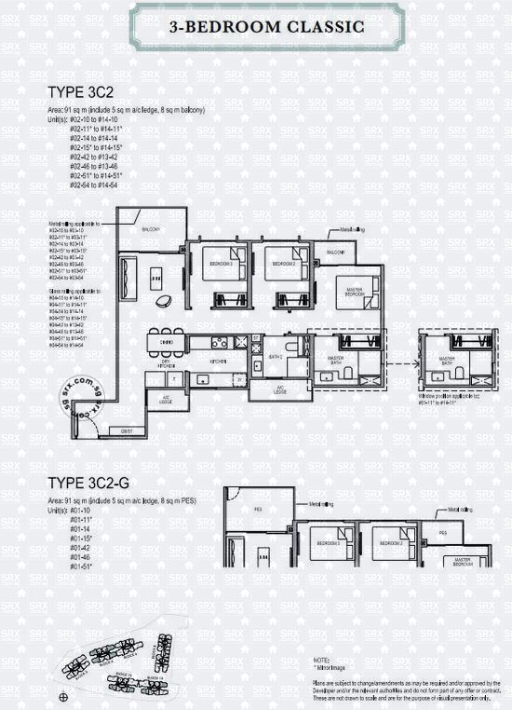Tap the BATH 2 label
click(x=276, y=357)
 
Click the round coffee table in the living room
click(x=164, y=300)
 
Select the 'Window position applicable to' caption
click(x=451, y=396)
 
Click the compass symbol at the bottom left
click(x=62, y=696)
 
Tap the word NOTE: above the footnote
click(x=322, y=659)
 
